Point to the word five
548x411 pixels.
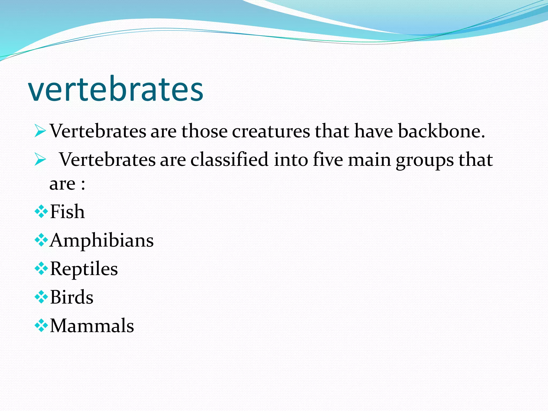coord(328,159)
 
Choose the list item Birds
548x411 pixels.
coord(72,297)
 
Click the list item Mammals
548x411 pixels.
coord(92,326)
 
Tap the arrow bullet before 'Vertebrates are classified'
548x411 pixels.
coord(40,160)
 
